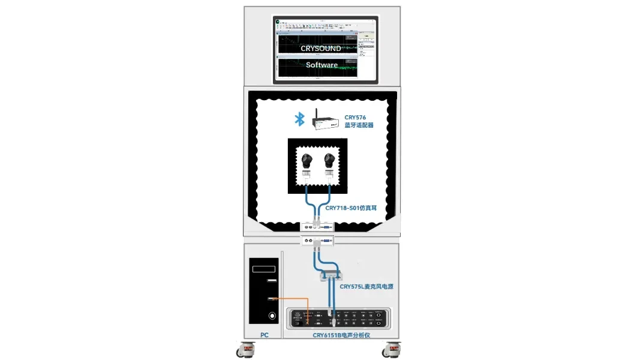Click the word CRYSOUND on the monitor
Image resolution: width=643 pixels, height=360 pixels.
[x=321, y=48]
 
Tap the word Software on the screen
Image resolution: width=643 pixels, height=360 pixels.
[x=321, y=65]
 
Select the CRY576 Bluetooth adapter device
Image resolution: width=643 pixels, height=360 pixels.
[x=324, y=122]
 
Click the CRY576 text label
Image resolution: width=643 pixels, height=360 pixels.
[x=355, y=118]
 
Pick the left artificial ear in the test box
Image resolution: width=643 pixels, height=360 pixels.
[x=307, y=161]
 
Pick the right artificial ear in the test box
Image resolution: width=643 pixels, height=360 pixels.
[x=329, y=161]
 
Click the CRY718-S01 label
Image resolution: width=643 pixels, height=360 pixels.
[x=351, y=208]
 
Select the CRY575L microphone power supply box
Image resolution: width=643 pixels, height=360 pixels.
[x=330, y=275]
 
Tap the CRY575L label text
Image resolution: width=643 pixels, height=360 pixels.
[x=366, y=287]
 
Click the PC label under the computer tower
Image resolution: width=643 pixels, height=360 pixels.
[x=264, y=335]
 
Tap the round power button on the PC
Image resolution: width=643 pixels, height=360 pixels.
[x=272, y=315]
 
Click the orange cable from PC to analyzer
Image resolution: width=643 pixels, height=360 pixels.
[x=294, y=299]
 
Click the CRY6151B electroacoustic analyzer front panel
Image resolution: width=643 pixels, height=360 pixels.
[x=339, y=318]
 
